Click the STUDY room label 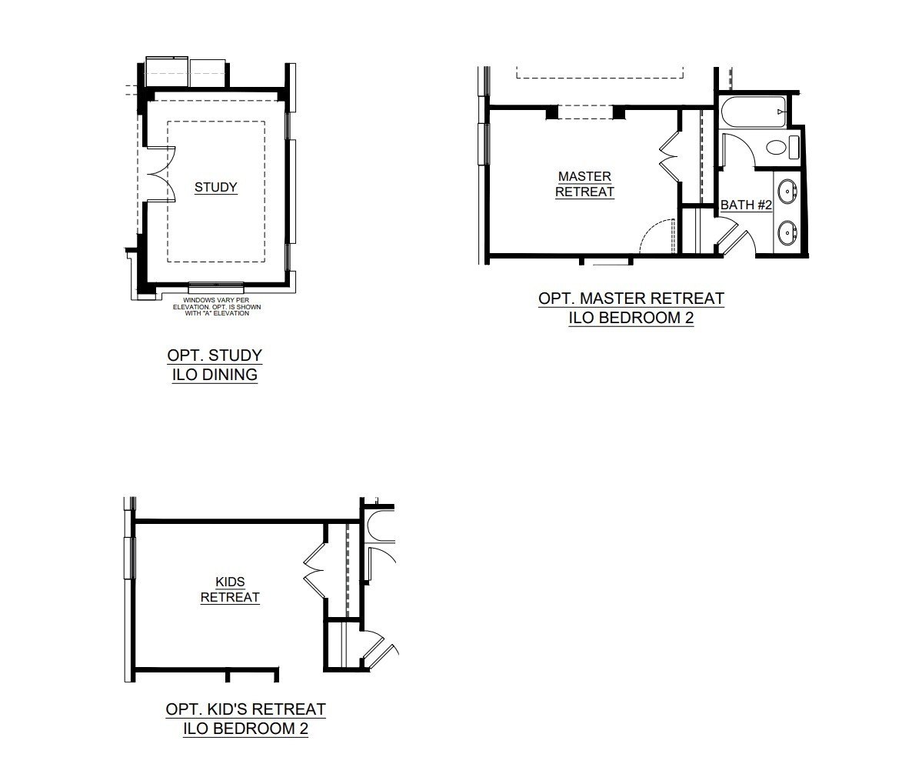click(x=216, y=187)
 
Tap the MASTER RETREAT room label click(x=585, y=184)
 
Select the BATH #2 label click(x=746, y=205)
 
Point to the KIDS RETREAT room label click(x=230, y=590)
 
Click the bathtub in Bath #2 click(x=753, y=112)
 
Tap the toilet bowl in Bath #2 click(x=776, y=148)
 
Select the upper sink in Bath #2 click(x=787, y=189)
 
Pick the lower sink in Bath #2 click(x=787, y=233)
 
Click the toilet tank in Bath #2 click(x=794, y=147)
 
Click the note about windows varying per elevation click(x=217, y=307)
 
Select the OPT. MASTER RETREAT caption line click(x=631, y=299)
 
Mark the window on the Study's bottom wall click(x=216, y=284)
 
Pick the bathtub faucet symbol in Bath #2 click(x=781, y=112)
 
